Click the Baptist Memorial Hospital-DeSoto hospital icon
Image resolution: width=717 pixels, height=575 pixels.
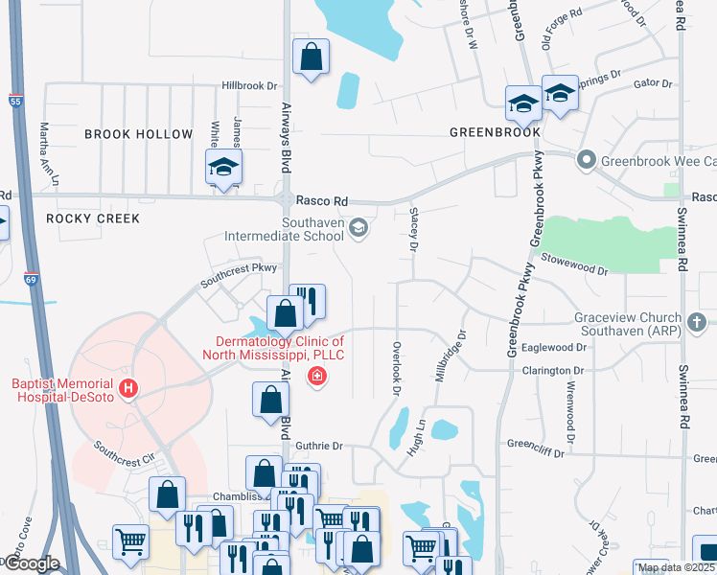point(134,390)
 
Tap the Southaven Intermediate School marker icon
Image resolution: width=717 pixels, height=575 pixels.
point(358,227)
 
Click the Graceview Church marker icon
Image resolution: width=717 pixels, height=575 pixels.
point(697,323)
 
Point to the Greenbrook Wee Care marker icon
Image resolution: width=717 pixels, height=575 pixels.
point(583,160)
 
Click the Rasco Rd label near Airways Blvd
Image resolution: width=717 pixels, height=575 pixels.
point(320,201)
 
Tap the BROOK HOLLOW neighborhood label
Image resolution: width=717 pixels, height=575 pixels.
point(138,134)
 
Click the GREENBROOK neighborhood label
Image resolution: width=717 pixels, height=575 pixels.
point(495,131)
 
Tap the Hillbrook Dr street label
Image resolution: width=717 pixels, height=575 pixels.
point(249,85)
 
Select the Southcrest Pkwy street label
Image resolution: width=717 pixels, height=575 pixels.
point(238,275)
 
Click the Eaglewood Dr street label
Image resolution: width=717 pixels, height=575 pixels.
point(554,347)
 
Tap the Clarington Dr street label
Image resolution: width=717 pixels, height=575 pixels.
point(553,370)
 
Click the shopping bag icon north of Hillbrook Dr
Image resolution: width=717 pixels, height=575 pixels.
point(312,57)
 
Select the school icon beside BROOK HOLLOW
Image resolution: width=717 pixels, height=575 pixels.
point(223,169)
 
